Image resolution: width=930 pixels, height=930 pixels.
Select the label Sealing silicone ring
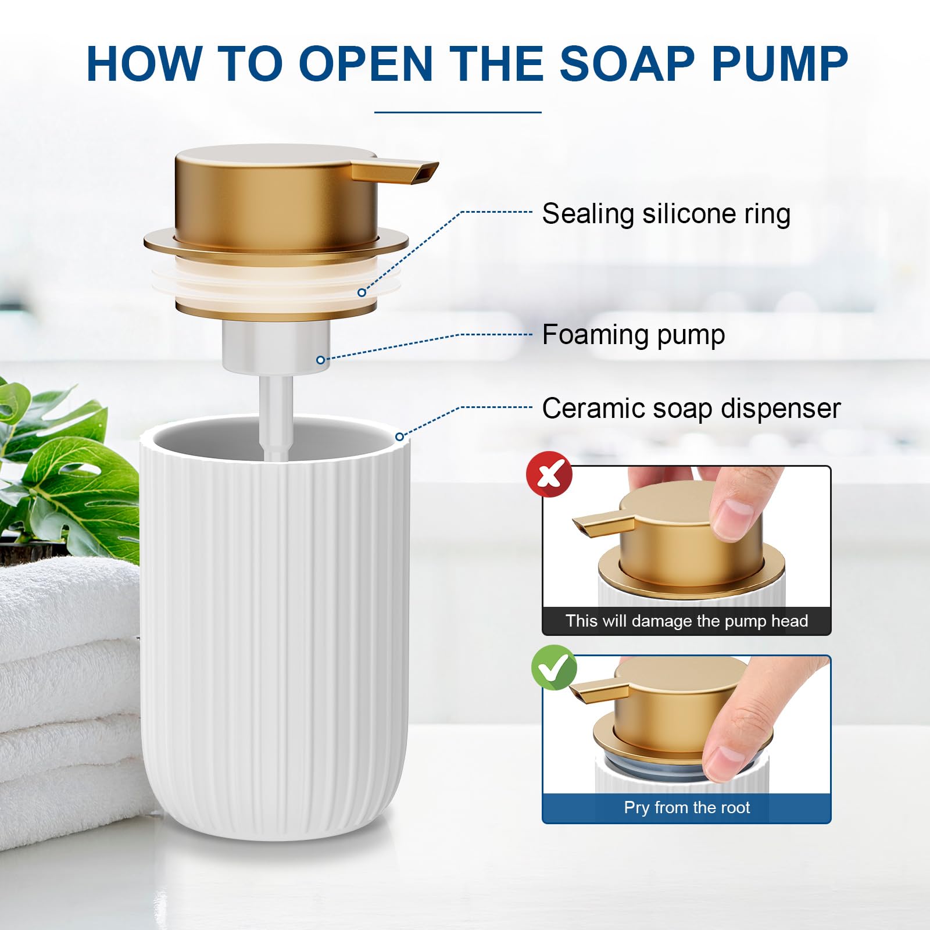(x=666, y=214)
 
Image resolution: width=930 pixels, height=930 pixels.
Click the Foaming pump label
(x=634, y=335)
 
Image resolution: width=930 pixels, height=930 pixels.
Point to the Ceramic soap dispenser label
(x=691, y=409)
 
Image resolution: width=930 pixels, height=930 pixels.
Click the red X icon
(x=549, y=474)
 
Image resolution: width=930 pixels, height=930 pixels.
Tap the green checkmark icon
(x=554, y=667)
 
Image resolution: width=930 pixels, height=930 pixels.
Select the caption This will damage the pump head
(x=686, y=621)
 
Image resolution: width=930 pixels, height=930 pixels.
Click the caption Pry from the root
(x=686, y=807)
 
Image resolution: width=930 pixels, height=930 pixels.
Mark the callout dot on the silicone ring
(x=362, y=292)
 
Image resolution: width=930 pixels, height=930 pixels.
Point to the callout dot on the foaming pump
(x=320, y=360)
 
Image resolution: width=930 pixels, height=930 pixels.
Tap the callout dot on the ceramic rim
(x=399, y=437)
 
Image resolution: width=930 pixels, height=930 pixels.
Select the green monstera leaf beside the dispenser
(x=64, y=465)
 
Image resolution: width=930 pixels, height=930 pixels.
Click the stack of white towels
(x=70, y=686)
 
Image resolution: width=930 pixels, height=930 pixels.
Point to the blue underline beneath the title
(x=458, y=112)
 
